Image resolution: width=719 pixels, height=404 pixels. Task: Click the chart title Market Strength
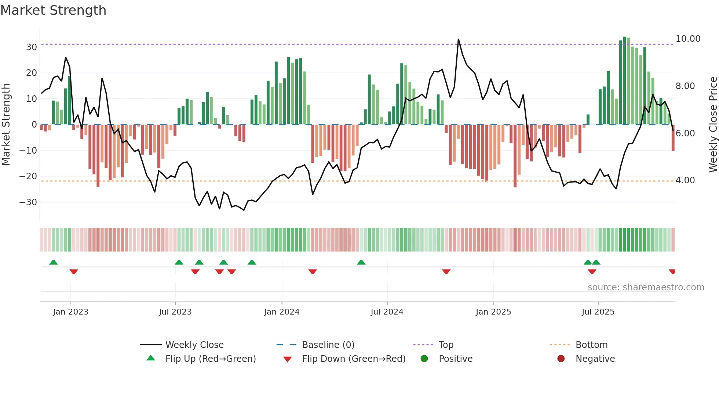point(53,10)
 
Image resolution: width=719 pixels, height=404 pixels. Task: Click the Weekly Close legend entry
point(194,345)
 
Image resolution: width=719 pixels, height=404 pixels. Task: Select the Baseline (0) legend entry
point(328,345)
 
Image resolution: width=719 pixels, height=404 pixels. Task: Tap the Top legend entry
point(446,345)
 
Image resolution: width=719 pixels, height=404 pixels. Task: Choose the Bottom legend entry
point(591,345)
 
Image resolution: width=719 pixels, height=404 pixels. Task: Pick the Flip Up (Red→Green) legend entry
point(210,359)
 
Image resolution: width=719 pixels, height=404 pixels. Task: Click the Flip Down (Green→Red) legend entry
point(354,359)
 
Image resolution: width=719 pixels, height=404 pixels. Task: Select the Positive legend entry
point(455,359)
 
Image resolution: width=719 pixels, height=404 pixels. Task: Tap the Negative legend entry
point(595,359)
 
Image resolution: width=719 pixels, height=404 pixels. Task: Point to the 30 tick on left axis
point(32,47)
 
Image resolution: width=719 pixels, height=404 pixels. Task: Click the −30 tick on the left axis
point(28,202)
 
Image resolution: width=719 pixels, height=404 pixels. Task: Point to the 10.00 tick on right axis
point(688,39)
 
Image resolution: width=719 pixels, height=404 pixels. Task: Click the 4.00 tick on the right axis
point(685,180)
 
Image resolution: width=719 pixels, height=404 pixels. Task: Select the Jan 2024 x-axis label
point(282,312)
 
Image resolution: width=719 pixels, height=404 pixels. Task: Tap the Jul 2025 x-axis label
point(598,312)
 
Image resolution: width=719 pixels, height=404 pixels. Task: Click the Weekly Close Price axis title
point(713,125)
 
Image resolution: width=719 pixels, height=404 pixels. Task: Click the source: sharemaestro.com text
point(646,287)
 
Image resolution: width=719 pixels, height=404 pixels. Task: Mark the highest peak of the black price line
point(458,39)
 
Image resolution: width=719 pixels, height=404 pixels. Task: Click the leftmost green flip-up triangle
point(54,262)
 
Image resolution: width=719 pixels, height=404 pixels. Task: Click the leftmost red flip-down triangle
point(74,272)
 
